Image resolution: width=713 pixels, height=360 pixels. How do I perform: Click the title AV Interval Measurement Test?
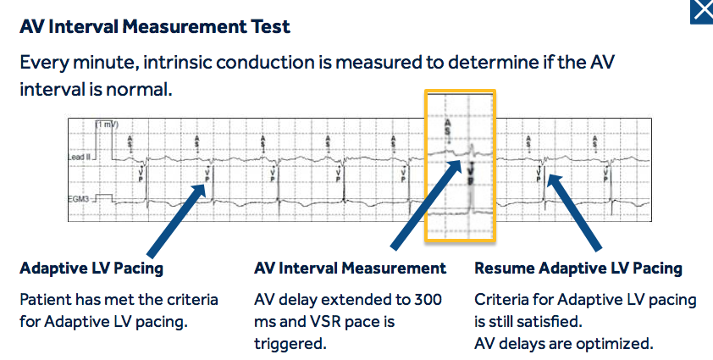pyautogui.click(x=155, y=27)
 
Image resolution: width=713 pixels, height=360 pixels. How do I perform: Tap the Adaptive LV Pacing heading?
pyautogui.click(x=91, y=269)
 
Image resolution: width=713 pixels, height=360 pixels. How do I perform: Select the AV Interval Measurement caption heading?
pyautogui.click(x=350, y=269)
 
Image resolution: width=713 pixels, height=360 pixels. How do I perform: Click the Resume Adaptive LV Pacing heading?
pyautogui.click(x=578, y=269)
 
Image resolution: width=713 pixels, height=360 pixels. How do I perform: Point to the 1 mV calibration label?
pyautogui.click(x=108, y=124)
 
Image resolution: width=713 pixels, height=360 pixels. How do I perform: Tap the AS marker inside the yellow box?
pyautogui.click(x=448, y=128)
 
